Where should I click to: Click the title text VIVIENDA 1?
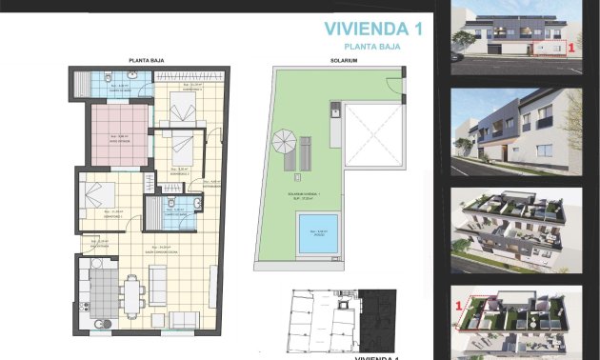pyautogui.click(x=372, y=30)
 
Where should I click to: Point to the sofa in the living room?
pyautogui.click(x=159, y=286)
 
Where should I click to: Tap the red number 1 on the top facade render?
pyautogui.click(x=570, y=45)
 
